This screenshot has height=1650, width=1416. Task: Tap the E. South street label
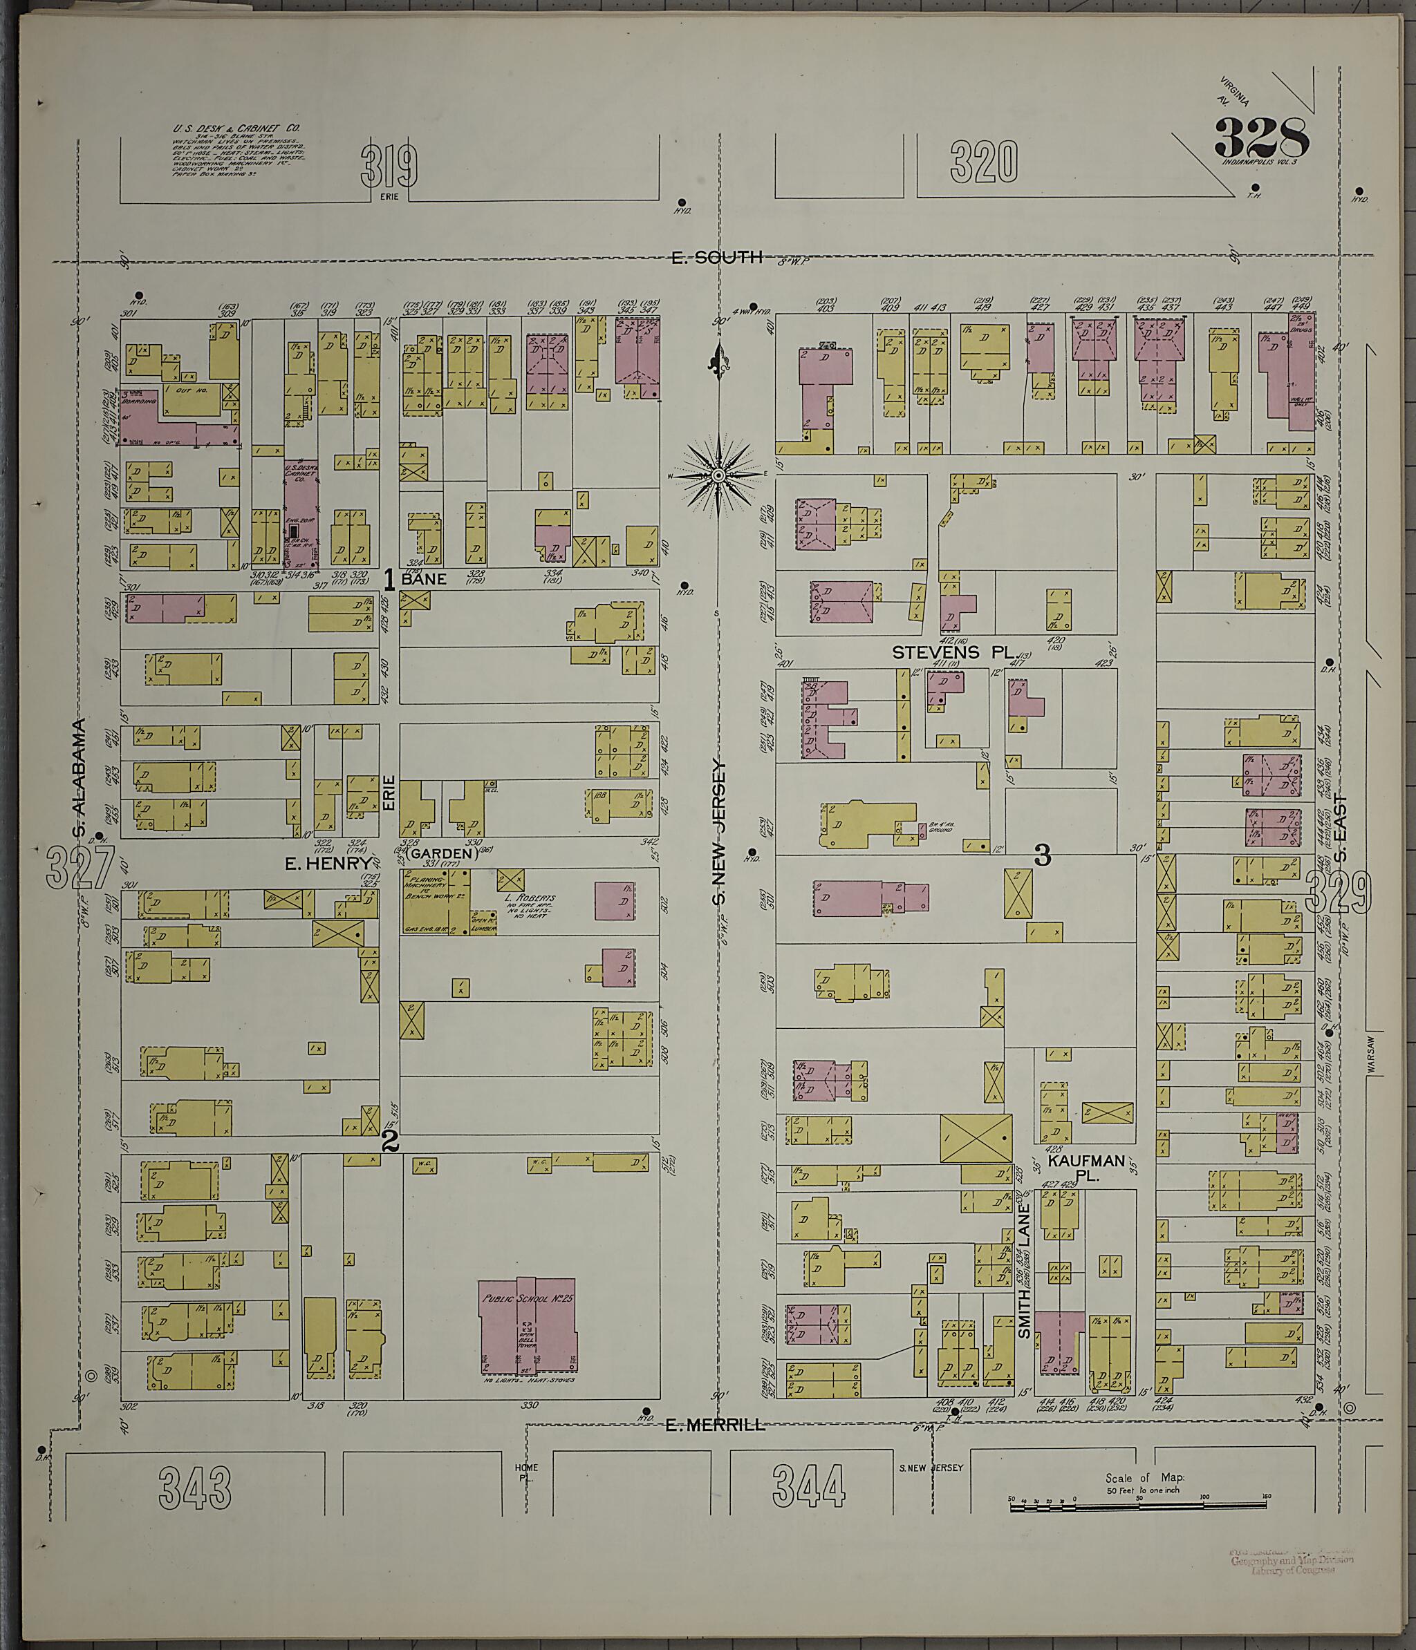point(716,256)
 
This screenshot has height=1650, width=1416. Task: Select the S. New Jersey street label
point(719,831)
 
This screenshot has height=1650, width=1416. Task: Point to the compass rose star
point(717,475)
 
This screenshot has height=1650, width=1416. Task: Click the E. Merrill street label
point(715,1425)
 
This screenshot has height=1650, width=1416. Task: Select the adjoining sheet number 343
point(195,1488)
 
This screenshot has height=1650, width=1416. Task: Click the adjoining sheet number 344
point(809,1488)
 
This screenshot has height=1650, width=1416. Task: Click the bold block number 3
point(1042,855)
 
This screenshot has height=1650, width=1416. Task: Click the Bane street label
point(423,580)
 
